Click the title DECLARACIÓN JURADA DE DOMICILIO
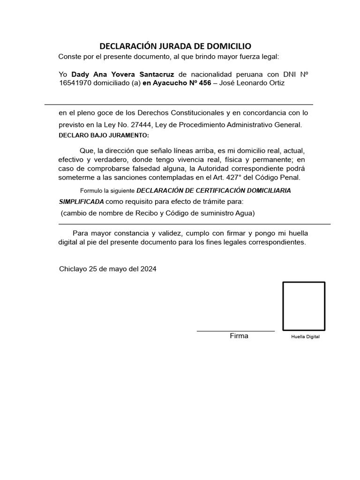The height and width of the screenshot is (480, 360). click(x=175, y=46)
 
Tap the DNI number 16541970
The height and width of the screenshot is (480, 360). click(x=75, y=83)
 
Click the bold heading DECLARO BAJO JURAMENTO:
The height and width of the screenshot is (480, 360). click(x=103, y=135)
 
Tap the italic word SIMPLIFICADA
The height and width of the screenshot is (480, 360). click(x=81, y=202)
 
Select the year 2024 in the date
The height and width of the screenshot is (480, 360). click(x=148, y=269)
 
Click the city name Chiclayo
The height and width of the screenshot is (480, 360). click(x=73, y=269)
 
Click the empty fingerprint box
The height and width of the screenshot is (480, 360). click(x=303, y=306)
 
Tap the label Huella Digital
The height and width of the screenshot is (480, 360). click(x=305, y=337)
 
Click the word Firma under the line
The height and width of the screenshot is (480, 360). click(x=239, y=336)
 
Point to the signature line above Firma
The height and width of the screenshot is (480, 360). click(x=235, y=331)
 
